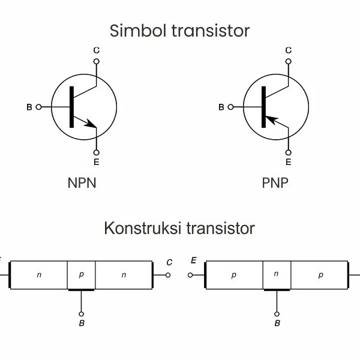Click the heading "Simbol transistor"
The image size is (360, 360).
click(179, 30)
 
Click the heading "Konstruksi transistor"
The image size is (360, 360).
click(179, 229)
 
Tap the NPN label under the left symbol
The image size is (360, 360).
click(82, 183)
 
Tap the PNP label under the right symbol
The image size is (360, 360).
click(275, 183)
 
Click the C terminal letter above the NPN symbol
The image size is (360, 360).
click(96, 50)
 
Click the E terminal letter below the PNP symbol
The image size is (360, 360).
click(288, 162)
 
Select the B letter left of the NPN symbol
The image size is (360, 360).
click(28, 107)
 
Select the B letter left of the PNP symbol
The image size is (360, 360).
click(221, 107)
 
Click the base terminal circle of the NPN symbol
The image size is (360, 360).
click(39, 107)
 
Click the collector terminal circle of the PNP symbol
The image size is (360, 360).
click(288, 61)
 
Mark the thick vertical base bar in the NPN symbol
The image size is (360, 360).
click(71, 107)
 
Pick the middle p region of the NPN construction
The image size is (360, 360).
click(82, 275)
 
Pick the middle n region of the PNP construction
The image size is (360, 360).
click(276, 274)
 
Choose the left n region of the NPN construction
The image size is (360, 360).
click(39, 275)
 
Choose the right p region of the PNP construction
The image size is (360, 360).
click(320, 275)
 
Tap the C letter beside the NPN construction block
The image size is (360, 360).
click(169, 262)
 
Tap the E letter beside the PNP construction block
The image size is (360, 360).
click(193, 260)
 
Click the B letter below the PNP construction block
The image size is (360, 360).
click(277, 323)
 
